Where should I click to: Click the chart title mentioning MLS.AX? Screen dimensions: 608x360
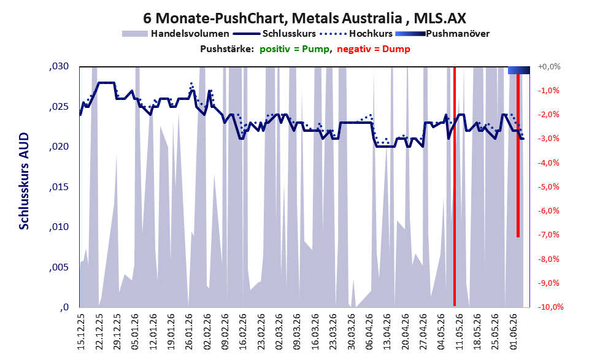click(x=304, y=18)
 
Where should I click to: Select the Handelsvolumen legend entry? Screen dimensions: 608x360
click(x=175, y=34)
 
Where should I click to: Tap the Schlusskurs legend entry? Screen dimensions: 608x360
click(x=275, y=34)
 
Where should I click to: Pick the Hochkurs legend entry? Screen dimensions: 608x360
click(x=356, y=34)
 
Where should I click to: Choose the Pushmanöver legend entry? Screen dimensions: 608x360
click(x=442, y=34)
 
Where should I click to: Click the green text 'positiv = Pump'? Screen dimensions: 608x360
click(x=294, y=49)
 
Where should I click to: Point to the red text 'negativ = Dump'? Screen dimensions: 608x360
click(x=374, y=49)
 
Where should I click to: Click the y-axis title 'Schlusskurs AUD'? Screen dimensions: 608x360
click(x=24, y=181)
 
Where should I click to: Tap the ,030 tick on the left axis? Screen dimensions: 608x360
click(x=59, y=66)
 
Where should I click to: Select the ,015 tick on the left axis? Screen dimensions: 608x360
click(x=59, y=187)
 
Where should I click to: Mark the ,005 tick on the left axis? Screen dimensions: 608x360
click(x=59, y=267)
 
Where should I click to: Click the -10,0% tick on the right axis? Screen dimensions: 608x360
click(x=550, y=307)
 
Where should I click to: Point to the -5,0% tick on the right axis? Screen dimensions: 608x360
click(x=548, y=187)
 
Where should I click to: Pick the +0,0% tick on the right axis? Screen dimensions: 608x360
click(x=549, y=67)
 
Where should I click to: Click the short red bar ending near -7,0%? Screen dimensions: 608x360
click(x=518, y=155)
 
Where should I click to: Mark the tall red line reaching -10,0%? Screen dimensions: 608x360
click(x=455, y=186)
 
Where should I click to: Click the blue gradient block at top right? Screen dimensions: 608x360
click(x=519, y=70)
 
